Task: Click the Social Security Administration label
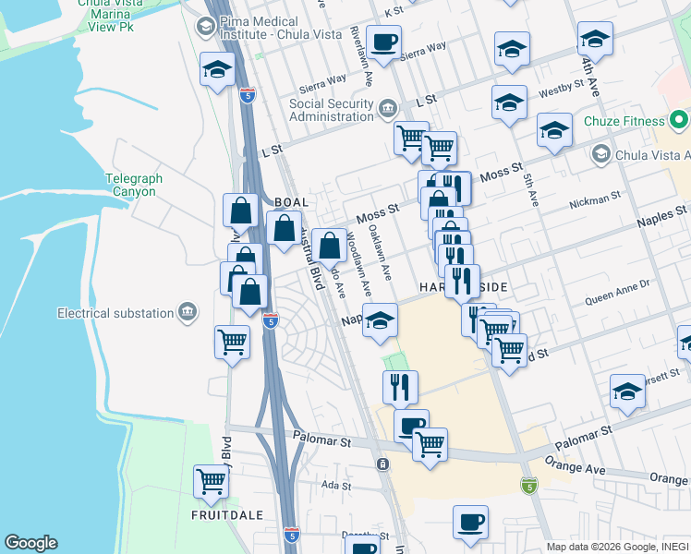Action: (331, 110)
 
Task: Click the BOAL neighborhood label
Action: (291, 201)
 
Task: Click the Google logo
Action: (30, 543)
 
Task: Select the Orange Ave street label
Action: (574, 469)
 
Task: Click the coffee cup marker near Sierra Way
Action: (383, 42)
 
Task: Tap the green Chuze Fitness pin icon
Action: (679, 120)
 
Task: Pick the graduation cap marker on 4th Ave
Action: (596, 41)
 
